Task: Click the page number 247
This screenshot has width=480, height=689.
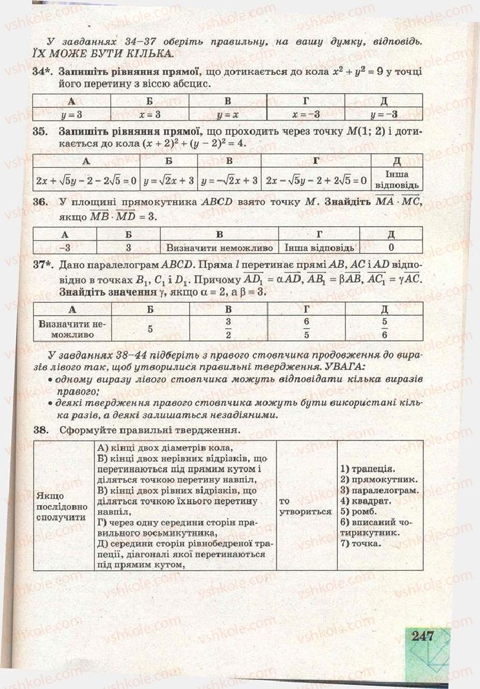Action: tap(421, 636)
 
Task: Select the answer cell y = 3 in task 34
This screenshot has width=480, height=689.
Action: tap(71, 114)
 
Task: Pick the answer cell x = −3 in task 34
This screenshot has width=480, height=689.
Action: tap(306, 114)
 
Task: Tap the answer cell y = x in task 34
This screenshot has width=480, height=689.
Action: tap(227, 114)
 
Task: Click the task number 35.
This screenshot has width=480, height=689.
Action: tap(41, 131)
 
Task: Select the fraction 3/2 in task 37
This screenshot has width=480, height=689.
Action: tap(227, 328)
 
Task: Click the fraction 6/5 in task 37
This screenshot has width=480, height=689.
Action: tap(306, 328)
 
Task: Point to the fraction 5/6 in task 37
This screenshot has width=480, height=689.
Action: tap(384, 328)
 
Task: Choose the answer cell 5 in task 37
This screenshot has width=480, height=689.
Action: tap(149, 328)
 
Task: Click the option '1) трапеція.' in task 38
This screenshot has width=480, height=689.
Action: tap(367, 469)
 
